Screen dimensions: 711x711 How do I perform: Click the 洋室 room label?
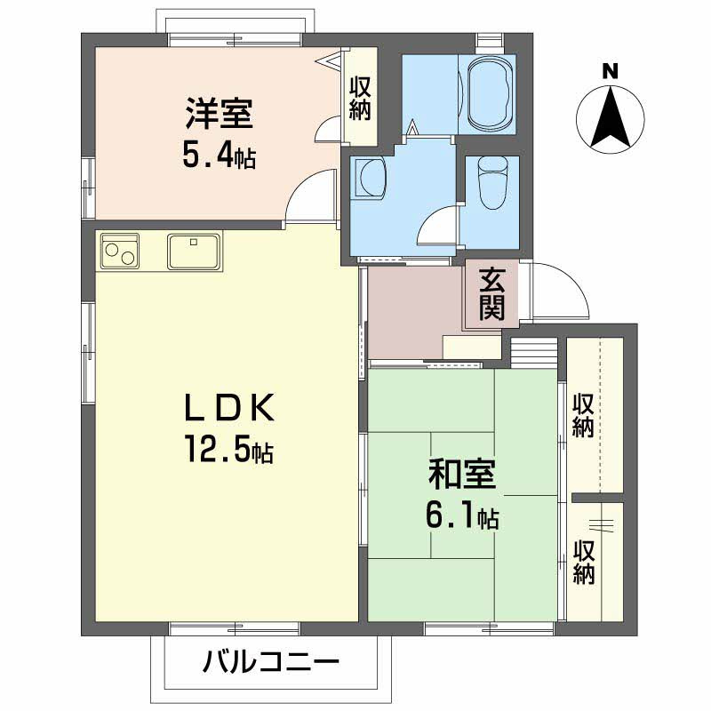pos(219,114)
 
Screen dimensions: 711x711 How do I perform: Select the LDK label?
pos(229,407)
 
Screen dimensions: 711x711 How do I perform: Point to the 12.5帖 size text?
pos(228,448)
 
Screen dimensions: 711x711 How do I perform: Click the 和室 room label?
pos(462,475)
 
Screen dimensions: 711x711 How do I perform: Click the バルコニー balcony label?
pos(271,662)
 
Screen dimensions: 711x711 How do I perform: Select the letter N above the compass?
pos(611,72)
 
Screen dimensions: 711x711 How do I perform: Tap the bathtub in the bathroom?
pos(491,94)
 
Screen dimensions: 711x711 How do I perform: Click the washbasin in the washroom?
pos(370,177)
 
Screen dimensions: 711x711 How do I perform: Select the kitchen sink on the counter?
pos(194,252)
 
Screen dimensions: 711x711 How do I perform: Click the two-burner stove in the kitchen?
pos(120,251)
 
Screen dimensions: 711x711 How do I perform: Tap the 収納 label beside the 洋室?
pos(360,99)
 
